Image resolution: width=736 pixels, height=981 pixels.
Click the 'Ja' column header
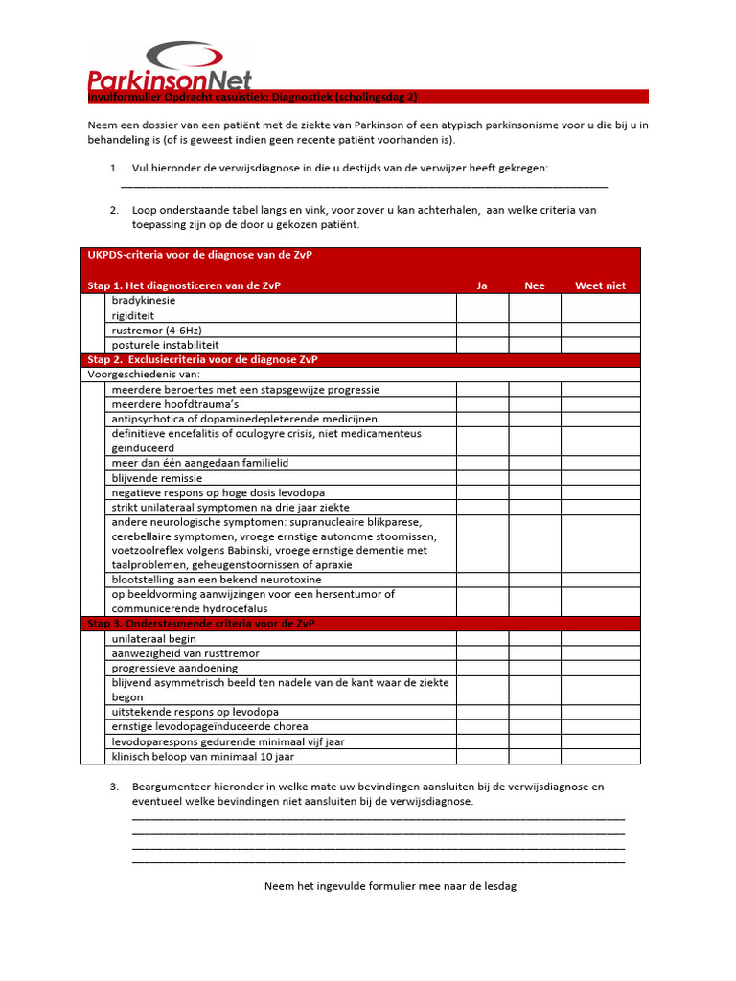tap(482, 285)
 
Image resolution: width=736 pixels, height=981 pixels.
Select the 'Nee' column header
tap(535, 285)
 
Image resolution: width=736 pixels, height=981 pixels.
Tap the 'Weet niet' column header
tap(600, 285)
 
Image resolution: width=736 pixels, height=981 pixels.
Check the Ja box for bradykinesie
tap(482, 301)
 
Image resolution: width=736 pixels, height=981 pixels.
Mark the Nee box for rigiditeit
tap(535, 315)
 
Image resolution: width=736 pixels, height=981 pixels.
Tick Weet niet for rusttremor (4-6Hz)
tap(600, 331)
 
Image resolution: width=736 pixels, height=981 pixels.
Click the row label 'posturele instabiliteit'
tap(165, 345)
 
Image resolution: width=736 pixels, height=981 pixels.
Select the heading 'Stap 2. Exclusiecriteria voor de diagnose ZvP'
tap(202, 360)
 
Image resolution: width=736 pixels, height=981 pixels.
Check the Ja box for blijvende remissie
tap(482, 477)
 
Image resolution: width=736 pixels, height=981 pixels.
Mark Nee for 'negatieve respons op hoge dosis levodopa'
tap(535, 492)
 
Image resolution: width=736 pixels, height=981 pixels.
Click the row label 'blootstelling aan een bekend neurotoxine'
tap(216, 580)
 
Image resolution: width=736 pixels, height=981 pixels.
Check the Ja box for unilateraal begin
tap(482, 639)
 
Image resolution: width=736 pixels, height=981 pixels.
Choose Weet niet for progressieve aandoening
tap(600, 668)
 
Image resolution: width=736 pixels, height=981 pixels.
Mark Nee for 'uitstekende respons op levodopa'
tap(535, 713)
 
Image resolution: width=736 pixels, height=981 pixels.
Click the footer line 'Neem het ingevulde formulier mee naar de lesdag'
tap(390, 887)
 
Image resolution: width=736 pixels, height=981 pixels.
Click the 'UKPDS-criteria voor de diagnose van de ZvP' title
tap(199, 256)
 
